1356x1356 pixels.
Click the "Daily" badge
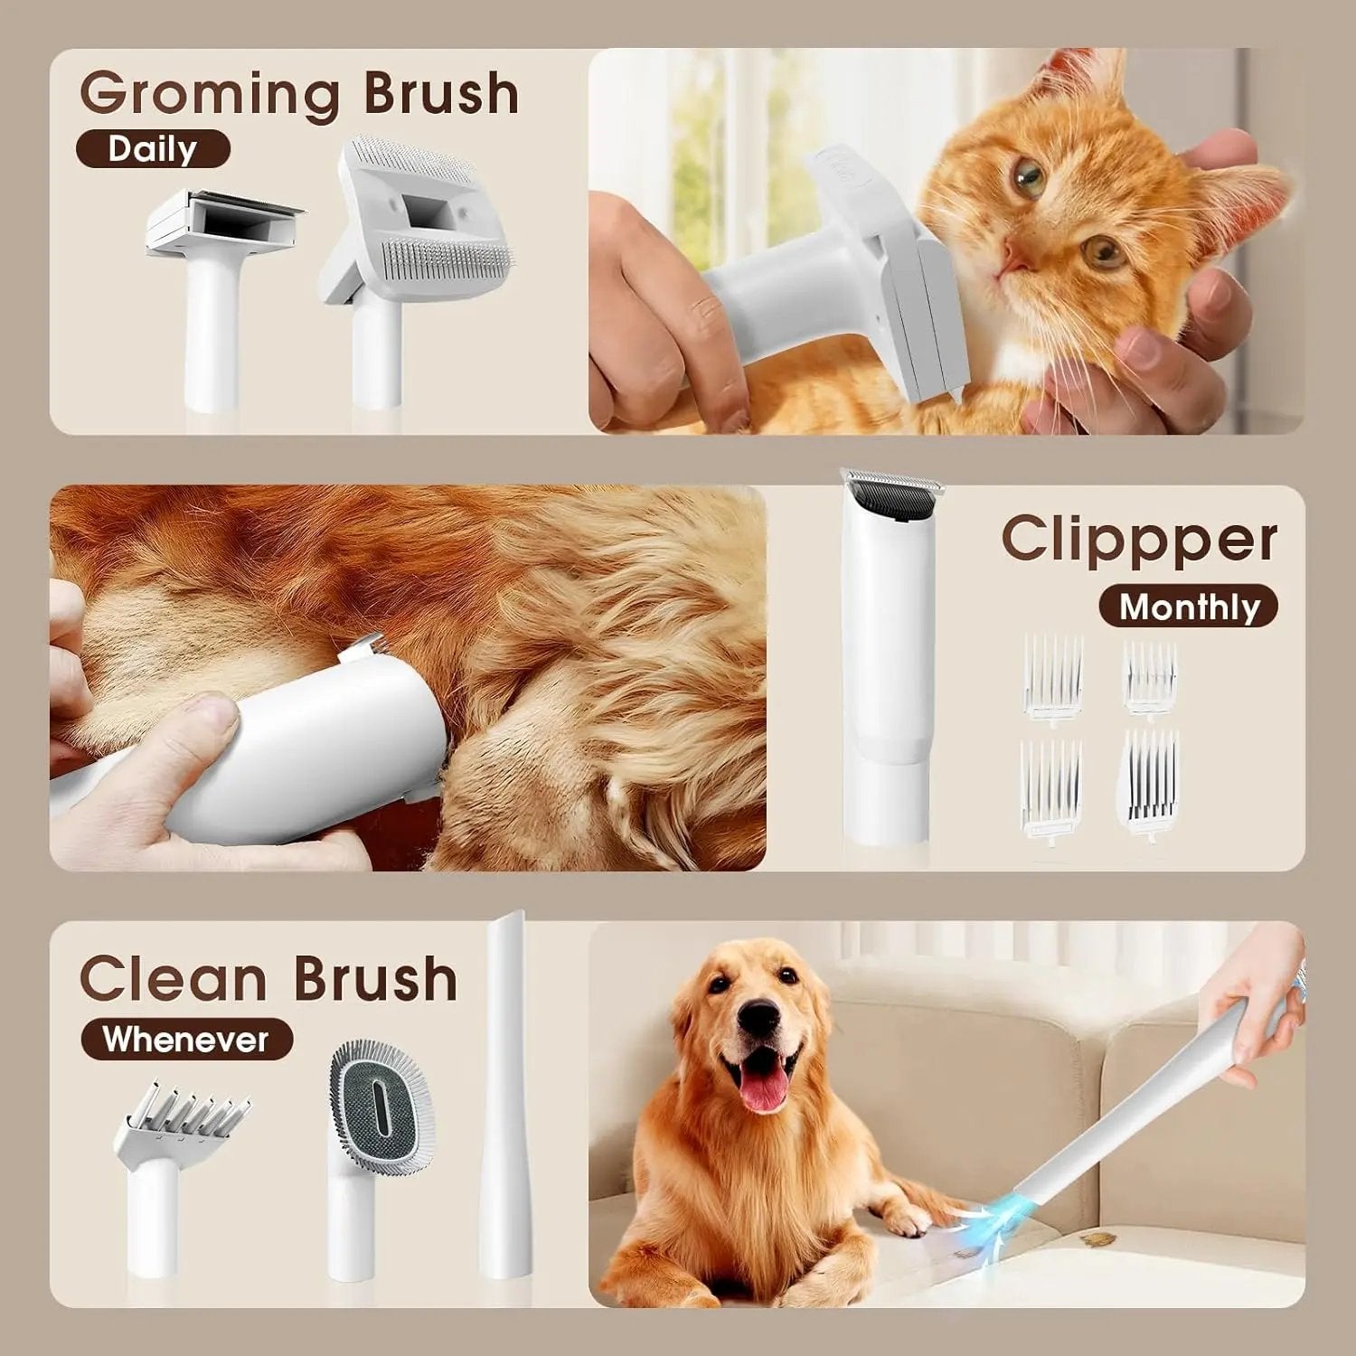tap(152, 149)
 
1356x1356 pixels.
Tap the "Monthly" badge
tap(1189, 607)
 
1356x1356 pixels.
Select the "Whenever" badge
tap(186, 1040)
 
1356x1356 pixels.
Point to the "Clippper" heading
tap(1139, 540)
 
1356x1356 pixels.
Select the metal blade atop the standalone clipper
tap(892, 488)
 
